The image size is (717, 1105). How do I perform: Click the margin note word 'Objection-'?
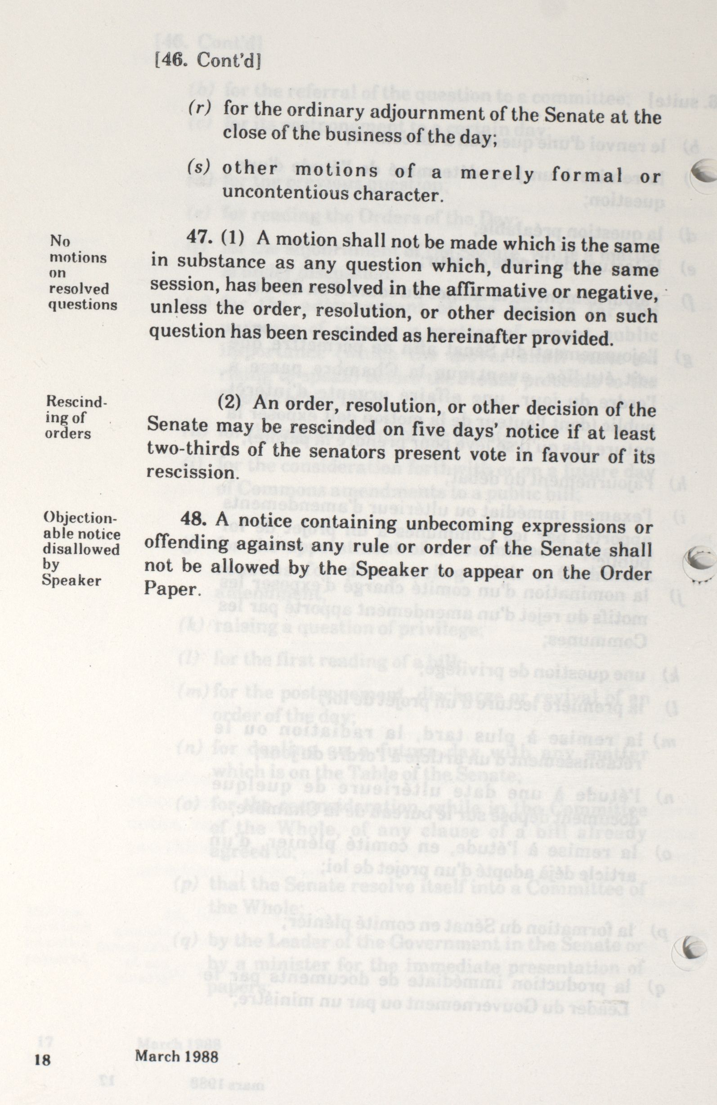click(79, 519)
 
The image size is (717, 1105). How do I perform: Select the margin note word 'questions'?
click(83, 305)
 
